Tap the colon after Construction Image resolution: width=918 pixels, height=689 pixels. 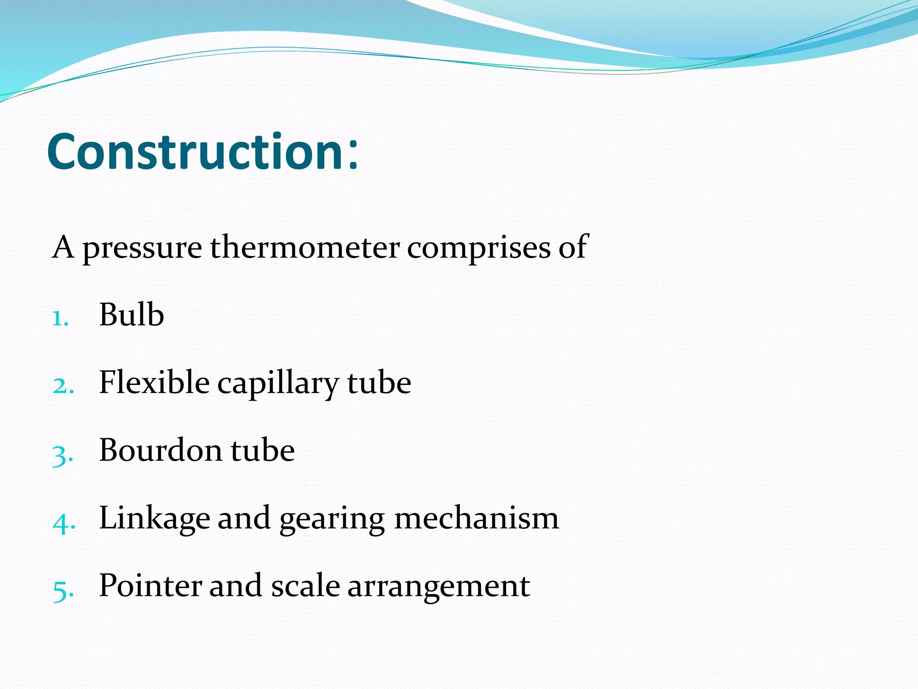click(353, 155)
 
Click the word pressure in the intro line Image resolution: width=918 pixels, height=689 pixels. click(142, 248)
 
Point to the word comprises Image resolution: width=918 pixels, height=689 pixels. click(479, 248)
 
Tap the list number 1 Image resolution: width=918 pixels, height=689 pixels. click(60, 319)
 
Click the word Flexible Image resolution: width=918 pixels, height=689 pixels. click(154, 382)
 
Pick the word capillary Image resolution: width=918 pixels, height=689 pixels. click(278, 384)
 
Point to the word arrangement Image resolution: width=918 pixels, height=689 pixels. click(439, 587)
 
